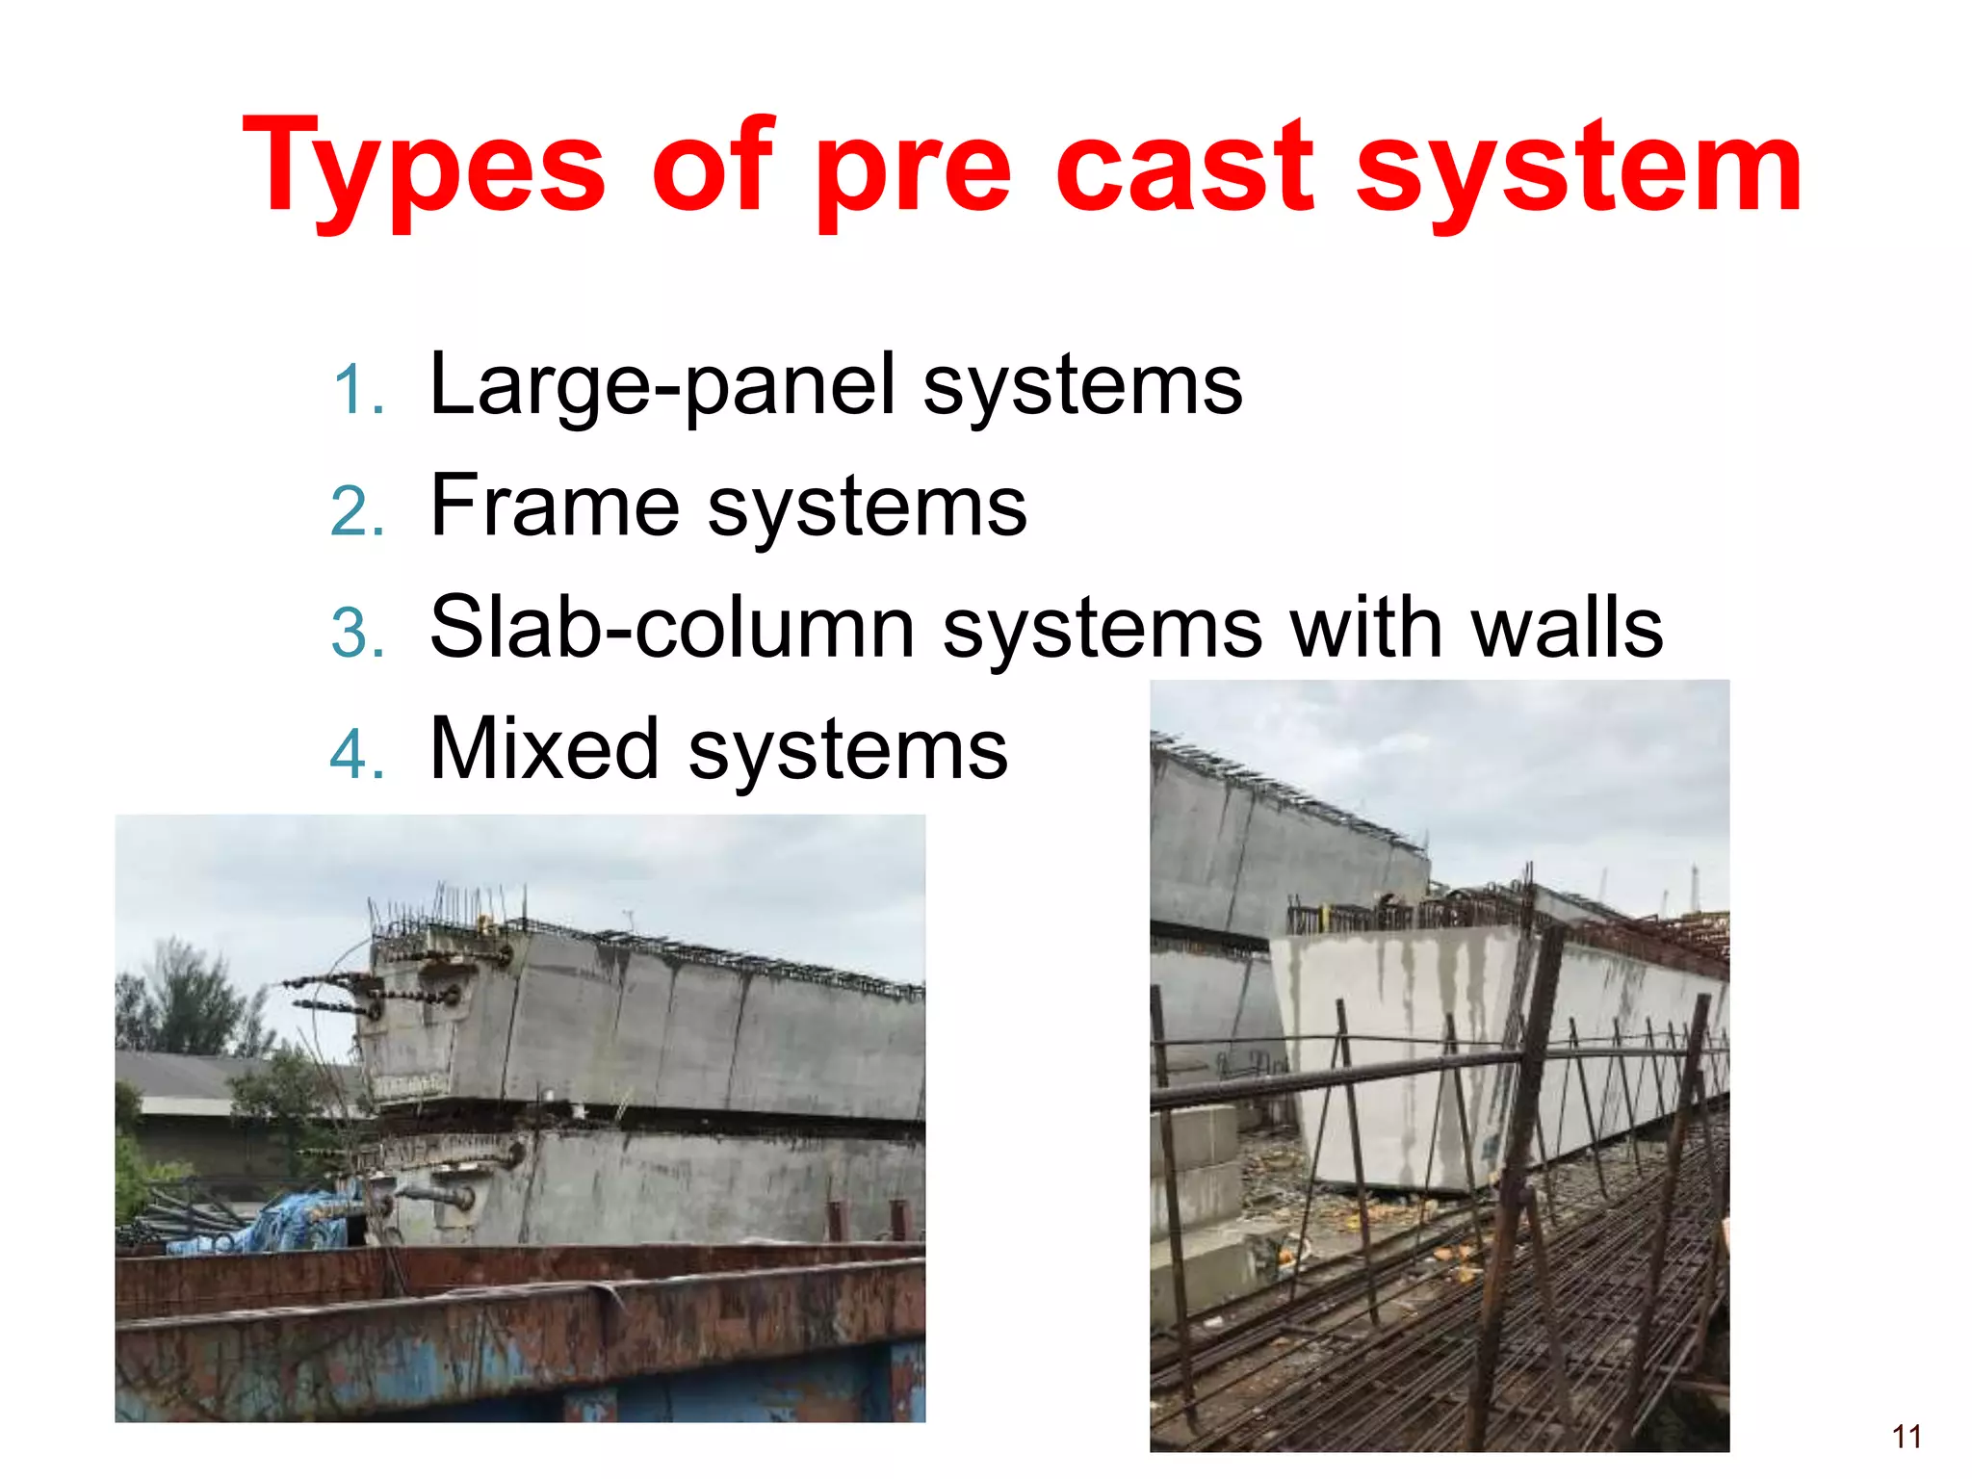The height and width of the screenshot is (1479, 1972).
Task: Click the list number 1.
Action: pyautogui.click(x=355, y=391)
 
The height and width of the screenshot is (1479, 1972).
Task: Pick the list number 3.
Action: pyautogui.click(x=355, y=634)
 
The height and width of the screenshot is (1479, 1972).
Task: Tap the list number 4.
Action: pyautogui.click(x=355, y=755)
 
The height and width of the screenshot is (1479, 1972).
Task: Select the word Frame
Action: pyautogui.click(x=555, y=506)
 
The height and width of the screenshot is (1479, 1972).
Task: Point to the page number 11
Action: pyautogui.click(x=1907, y=1437)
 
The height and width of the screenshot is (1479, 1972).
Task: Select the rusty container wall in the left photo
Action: pyautogui.click(x=520, y=1338)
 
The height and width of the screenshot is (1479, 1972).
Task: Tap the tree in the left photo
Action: pyautogui.click(x=183, y=1001)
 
